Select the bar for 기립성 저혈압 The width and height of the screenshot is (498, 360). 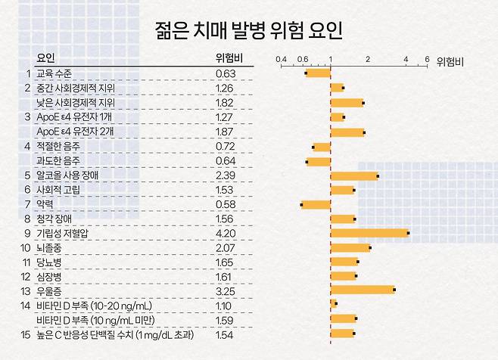(369, 233)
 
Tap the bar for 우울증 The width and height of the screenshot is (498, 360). (362, 290)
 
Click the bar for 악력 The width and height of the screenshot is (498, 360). (316, 204)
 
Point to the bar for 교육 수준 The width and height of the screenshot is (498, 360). (318, 73)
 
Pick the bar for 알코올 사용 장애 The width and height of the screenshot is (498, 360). (353, 176)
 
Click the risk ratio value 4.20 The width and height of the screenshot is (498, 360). (226, 234)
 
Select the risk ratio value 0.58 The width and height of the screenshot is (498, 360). (226, 205)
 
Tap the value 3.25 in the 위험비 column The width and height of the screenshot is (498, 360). (226, 290)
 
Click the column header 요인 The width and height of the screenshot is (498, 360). (46, 57)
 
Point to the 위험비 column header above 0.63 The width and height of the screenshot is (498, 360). (229, 57)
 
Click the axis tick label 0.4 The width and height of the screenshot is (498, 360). (282, 58)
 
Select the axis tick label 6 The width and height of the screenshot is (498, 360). (426, 58)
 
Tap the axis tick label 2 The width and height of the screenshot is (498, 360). (368, 58)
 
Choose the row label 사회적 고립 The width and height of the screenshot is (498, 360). (58, 190)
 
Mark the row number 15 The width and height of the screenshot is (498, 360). (26, 334)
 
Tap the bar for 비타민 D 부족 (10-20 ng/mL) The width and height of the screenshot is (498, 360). (333, 304)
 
